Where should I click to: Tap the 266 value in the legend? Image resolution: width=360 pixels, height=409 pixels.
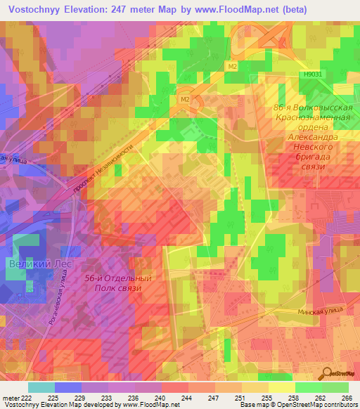click(x=347, y=398)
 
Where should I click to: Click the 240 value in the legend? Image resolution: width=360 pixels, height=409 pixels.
click(x=161, y=398)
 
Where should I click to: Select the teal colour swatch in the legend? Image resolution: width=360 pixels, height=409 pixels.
click(x=41, y=387)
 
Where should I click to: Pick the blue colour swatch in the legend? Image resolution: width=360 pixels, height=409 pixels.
click(x=68, y=387)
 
